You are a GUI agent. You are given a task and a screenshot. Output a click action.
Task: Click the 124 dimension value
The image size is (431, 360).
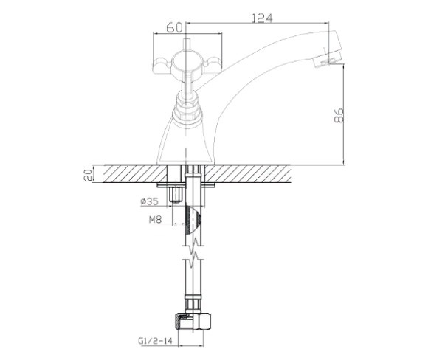click(x=262, y=18)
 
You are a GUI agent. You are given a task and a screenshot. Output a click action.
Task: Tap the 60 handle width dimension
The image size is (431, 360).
click(x=175, y=27)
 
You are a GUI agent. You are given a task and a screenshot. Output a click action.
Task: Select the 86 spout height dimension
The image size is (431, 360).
click(x=339, y=115)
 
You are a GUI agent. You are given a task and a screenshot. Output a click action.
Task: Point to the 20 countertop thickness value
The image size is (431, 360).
click(x=87, y=175)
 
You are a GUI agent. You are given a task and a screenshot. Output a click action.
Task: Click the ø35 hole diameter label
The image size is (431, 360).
click(x=150, y=201)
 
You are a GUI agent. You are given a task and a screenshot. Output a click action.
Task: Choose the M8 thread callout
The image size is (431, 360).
click(x=156, y=220)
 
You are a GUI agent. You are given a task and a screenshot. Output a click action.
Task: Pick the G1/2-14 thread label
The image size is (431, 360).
click(x=155, y=341)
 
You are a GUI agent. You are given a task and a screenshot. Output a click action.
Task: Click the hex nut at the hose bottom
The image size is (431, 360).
click(x=193, y=322)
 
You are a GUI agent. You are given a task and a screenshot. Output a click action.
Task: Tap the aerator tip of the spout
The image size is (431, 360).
click(x=328, y=58)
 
